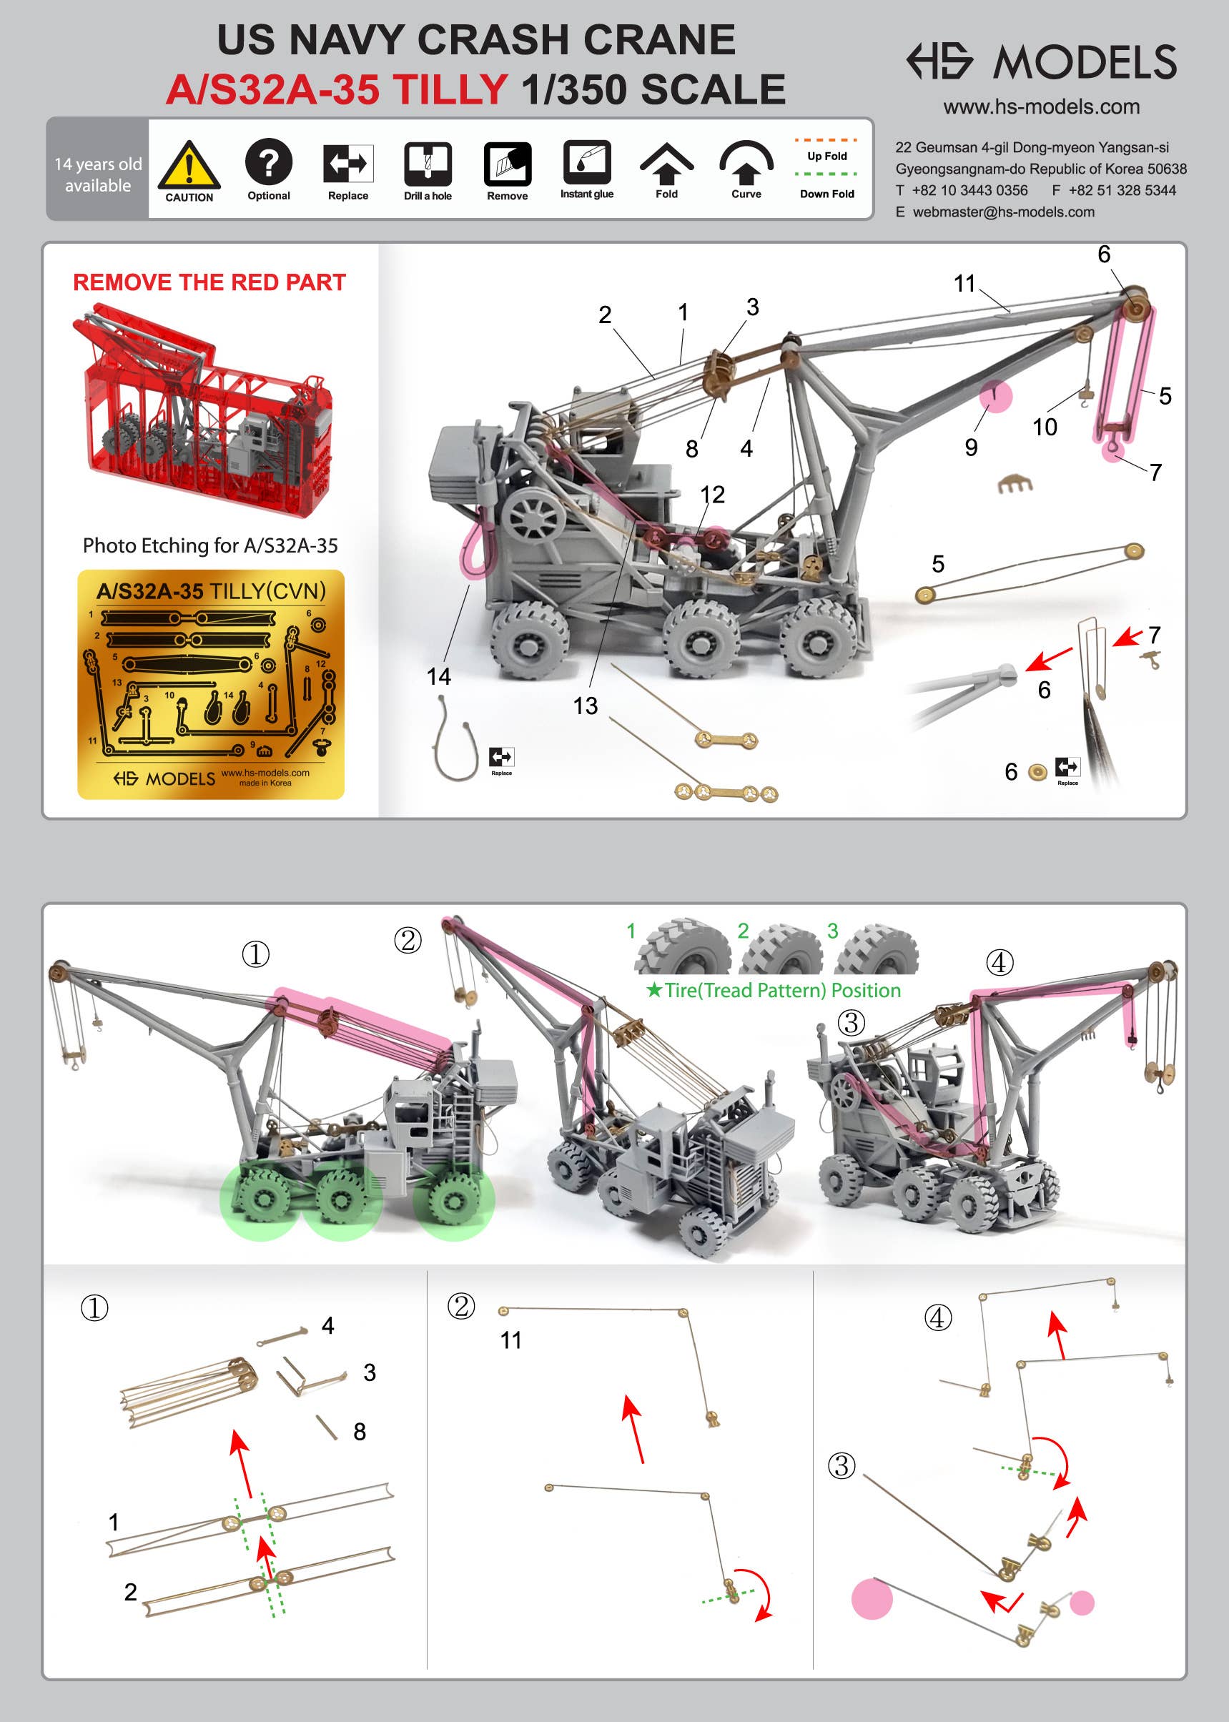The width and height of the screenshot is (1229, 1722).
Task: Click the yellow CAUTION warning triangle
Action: [189, 164]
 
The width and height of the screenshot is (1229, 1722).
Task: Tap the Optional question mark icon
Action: [269, 162]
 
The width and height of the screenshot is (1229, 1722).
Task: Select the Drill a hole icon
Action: [428, 164]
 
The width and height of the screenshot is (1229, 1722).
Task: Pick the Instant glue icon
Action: [586, 162]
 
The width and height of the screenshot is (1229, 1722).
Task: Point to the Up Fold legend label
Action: [826, 156]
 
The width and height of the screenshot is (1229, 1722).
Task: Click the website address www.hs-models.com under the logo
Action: [1041, 107]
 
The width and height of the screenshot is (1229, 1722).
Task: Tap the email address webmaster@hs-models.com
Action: [1004, 212]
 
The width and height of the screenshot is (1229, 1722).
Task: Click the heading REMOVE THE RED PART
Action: [209, 282]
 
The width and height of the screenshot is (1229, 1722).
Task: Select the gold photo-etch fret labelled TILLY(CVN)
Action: [210, 684]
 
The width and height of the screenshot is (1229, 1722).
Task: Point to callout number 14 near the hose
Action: [438, 676]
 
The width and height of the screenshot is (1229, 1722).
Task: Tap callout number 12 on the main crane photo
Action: [712, 494]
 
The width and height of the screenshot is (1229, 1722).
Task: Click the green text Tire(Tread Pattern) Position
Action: [782, 990]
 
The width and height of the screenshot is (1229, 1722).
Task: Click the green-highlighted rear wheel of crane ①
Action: [454, 1199]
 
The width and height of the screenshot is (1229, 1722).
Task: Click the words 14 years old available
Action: [98, 174]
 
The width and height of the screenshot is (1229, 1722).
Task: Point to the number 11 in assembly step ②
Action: [510, 1340]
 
